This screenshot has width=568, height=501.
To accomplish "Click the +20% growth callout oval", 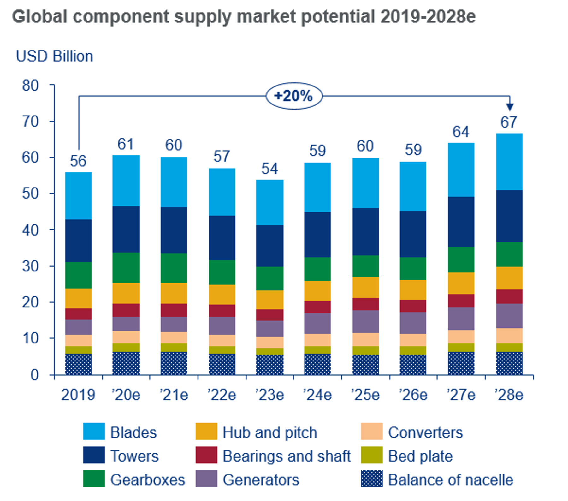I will coord(294,96).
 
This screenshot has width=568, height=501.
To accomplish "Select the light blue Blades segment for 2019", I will coord(78,196).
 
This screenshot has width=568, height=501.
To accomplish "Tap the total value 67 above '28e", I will coord(509,122).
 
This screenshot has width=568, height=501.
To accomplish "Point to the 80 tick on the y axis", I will coord(30,85).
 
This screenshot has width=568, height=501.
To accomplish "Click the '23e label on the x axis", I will coord(269,395).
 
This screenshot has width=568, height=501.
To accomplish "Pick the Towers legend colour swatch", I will coord(94,455).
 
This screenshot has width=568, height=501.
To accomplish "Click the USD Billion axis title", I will coord(54,56).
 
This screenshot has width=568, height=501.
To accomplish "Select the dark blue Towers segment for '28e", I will coord(509,216).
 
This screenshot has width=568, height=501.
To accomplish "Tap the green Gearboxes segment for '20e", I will coord(126,267).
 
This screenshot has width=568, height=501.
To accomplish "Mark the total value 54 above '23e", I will coord(269,169).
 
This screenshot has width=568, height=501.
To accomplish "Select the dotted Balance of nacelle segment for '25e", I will coord(365,365).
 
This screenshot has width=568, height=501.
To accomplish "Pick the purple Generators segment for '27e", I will coord(461,319).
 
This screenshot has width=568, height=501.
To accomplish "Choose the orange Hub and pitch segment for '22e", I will coord(222,294).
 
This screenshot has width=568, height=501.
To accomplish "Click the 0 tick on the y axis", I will coord(34,375).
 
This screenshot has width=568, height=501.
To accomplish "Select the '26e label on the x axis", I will coord(413,395).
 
